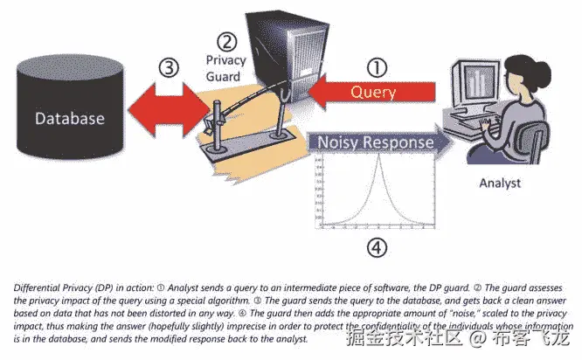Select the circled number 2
pyautogui.click(x=227, y=40)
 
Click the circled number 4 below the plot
pyautogui.click(x=376, y=247)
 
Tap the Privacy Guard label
pyautogui.click(x=226, y=68)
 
